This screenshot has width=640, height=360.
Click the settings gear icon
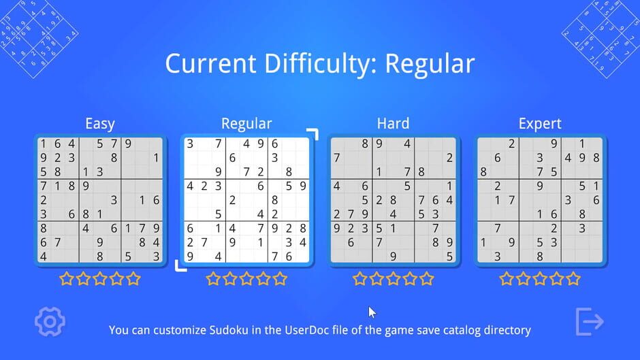(x=50, y=321)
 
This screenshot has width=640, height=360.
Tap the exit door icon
(x=590, y=322)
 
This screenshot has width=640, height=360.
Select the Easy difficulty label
(x=99, y=124)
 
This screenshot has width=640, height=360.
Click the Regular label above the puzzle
(x=246, y=123)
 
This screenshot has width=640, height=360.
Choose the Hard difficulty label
(x=393, y=123)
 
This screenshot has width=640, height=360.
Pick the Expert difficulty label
(x=540, y=124)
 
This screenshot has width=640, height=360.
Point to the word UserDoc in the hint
(x=318, y=330)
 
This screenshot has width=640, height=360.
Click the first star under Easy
(x=67, y=278)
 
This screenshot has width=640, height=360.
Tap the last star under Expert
(x=573, y=278)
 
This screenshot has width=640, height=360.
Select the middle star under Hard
(x=394, y=278)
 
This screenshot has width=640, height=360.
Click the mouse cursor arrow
(x=372, y=312)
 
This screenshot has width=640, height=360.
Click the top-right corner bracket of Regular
(x=313, y=133)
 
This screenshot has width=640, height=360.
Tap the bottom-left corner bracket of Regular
(x=180, y=265)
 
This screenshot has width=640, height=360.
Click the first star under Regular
(x=213, y=278)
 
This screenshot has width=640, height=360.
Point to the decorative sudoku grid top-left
(x=37, y=37)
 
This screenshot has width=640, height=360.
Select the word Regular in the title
(x=430, y=64)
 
